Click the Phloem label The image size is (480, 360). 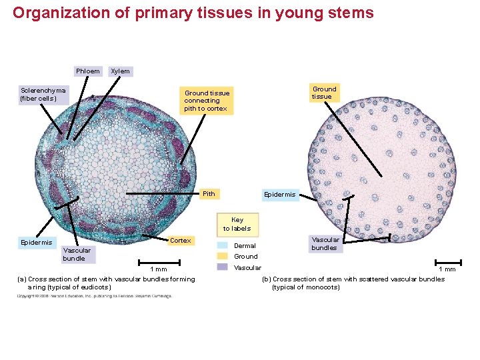point(87,71)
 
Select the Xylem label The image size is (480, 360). point(120,71)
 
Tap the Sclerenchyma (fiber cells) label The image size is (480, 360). point(43,94)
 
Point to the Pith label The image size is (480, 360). point(209,194)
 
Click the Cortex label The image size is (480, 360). point(180,240)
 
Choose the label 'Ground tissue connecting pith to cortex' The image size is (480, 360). point(206,101)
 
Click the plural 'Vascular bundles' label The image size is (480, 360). point(325,243)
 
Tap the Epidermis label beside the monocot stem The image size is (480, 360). point(279,195)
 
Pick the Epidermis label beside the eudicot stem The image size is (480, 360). point(36,243)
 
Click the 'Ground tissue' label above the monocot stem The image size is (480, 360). point(325,93)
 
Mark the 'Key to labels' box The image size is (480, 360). point(237,224)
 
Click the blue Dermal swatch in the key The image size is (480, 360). point(223,245)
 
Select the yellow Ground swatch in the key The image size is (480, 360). point(223,256)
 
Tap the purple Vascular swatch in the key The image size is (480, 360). point(223,267)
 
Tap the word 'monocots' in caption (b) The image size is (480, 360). point(323,287)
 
